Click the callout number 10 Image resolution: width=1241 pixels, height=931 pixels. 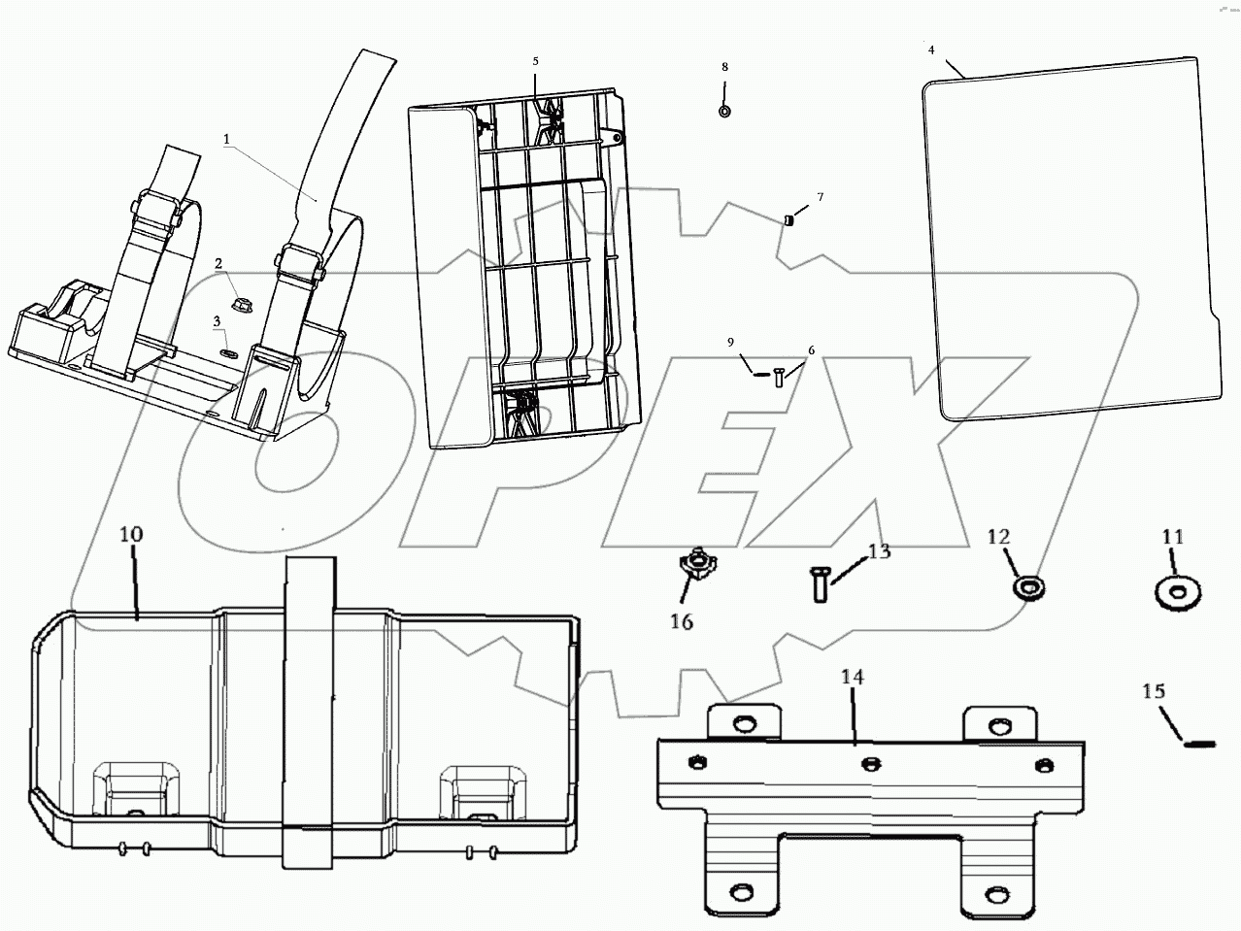click(x=131, y=535)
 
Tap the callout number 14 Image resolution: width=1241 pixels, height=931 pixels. click(x=853, y=678)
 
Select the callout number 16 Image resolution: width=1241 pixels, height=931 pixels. click(x=682, y=621)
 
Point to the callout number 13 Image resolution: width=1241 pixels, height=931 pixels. click(x=879, y=552)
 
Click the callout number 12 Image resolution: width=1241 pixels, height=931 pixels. click(x=999, y=536)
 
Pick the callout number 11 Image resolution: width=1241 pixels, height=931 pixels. click(x=1173, y=536)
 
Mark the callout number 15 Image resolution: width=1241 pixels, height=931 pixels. click(x=1154, y=692)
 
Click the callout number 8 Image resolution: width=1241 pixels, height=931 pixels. click(x=724, y=67)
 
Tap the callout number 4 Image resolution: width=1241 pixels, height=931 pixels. click(x=931, y=50)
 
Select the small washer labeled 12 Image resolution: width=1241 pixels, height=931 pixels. click(x=1027, y=586)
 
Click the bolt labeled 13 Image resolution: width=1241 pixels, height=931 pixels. click(x=817, y=585)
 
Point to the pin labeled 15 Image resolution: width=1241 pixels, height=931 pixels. click(x=1200, y=744)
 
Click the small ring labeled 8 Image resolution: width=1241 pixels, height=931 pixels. click(x=724, y=112)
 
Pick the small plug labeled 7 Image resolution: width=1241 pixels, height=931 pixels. click(x=789, y=220)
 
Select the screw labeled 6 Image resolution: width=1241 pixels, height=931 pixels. click(x=779, y=378)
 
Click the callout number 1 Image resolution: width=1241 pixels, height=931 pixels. click(x=227, y=139)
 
